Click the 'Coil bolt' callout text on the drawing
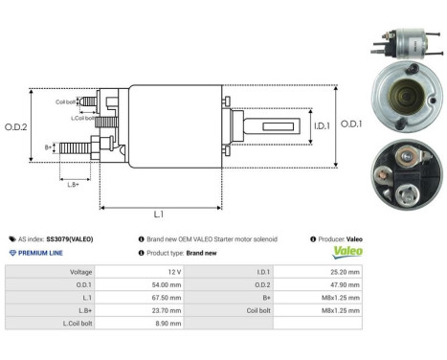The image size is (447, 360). pyautogui.click(x=65, y=101)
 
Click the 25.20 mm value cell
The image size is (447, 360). pyautogui.click(x=344, y=272)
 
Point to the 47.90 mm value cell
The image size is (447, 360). pyautogui.click(x=344, y=284)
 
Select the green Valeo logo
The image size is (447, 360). pyautogui.click(x=346, y=253)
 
